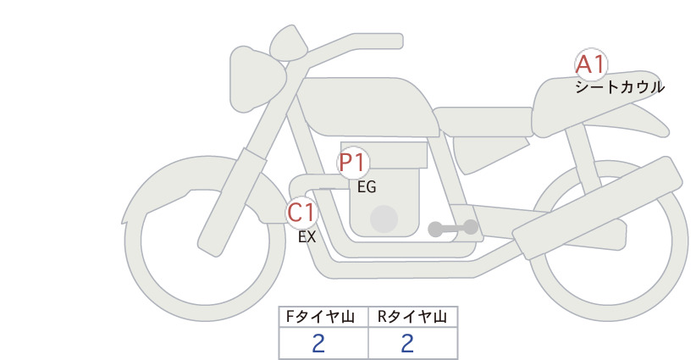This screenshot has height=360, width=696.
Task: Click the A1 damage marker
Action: (591, 65)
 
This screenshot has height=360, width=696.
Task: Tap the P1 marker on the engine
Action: (353, 163)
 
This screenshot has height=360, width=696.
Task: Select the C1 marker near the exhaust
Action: (301, 213)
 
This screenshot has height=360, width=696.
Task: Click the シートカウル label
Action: (620, 87)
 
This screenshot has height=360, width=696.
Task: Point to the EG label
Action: (367, 187)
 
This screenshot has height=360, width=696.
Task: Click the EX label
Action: (307, 237)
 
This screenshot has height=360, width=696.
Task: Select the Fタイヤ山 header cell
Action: (323, 317)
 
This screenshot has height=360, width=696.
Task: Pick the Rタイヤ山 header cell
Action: (413, 317)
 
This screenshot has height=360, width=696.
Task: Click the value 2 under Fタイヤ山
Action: (318, 344)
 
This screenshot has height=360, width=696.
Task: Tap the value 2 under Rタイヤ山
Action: (407, 344)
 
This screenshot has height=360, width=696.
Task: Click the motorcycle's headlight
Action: (257, 80)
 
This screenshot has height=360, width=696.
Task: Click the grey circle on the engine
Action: (384, 219)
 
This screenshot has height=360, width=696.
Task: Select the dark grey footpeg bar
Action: (453, 228)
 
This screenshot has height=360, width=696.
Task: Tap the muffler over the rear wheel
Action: (598, 208)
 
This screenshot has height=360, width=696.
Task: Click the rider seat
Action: (483, 122)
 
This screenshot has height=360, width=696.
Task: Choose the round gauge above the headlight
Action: (289, 43)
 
